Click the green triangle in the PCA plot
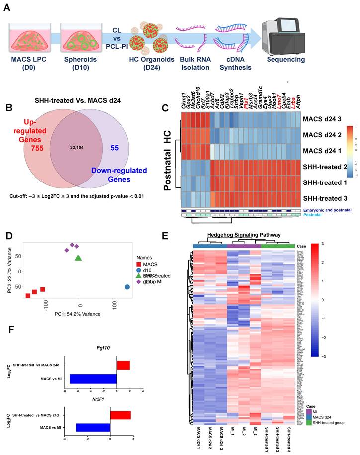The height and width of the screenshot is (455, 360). coord(78,258)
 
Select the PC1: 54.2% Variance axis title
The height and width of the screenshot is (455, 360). coord(77,314)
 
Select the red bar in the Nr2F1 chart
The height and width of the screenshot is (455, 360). coord(120,415)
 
